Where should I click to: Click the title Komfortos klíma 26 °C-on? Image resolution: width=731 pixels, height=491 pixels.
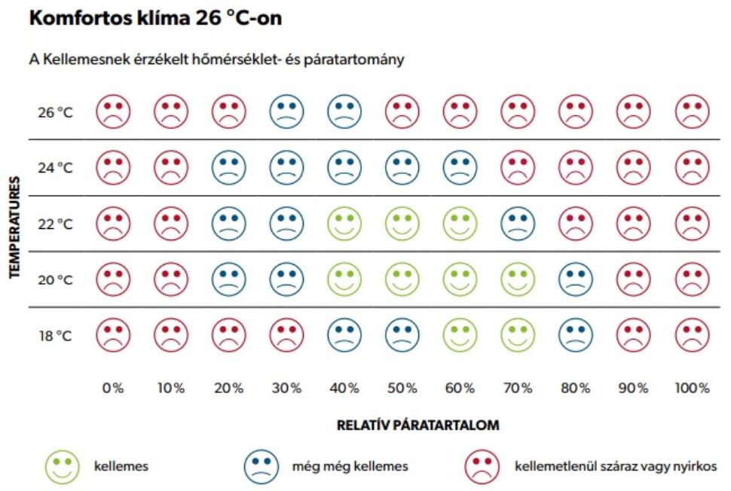pos(155,18)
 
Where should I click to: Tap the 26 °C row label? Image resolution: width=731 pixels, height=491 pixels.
pos(55,113)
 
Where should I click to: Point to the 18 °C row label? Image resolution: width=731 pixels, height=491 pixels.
pos(55,336)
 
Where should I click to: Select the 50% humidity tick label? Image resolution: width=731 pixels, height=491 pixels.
pos(402,389)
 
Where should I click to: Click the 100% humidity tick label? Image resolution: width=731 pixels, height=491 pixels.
pos(692,389)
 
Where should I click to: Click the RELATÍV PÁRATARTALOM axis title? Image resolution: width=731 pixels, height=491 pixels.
pos(417,425)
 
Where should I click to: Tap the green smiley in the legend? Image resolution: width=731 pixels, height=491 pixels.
pos(63,466)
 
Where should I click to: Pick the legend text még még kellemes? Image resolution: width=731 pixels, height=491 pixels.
pos(350,466)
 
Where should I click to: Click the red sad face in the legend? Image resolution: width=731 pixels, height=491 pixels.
pos(483,466)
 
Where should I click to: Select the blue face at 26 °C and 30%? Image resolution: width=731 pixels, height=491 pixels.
pos(286,112)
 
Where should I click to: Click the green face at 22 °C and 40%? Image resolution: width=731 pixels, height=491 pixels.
pos(344,224)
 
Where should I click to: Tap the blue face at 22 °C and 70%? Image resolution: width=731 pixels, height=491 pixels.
pos(518,224)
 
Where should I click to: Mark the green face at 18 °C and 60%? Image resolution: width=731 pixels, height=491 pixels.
pos(460,335)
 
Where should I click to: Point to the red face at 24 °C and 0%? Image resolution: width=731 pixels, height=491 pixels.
pos(113,168)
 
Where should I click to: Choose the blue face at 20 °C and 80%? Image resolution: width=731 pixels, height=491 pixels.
pos(576,279)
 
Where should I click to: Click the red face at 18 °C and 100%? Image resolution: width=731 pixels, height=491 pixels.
pos(692,335)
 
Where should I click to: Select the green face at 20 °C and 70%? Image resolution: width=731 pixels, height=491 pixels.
pos(518,279)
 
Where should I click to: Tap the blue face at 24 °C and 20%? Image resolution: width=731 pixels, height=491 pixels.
pos(228,168)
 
